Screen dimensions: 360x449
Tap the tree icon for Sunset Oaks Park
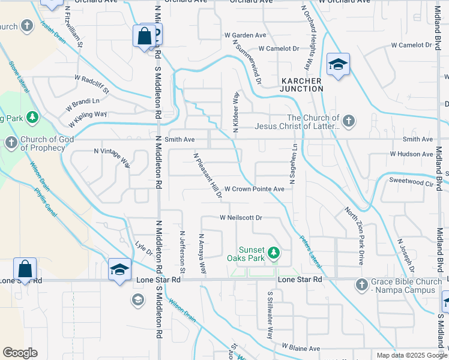pyautogui.click(x=274, y=253)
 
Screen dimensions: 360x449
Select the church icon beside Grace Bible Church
pyautogui.click(x=361, y=284)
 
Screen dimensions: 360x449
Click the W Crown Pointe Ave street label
pyautogui.click(x=254, y=188)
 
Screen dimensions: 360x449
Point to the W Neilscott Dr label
pyautogui.click(x=241, y=218)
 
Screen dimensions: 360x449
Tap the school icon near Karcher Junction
pyautogui.click(x=338, y=65)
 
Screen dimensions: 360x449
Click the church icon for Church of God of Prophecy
pyautogui.click(x=11, y=143)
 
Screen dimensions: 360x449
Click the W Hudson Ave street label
pyautogui.click(x=411, y=154)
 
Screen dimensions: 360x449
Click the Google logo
pyautogui.click(x=20, y=353)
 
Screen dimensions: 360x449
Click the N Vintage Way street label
pyautogui.click(x=112, y=158)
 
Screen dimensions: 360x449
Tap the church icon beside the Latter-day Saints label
pyautogui.click(x=348, y=122)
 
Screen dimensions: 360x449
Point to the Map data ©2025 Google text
pyautogui.click(x=411, y=355)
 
